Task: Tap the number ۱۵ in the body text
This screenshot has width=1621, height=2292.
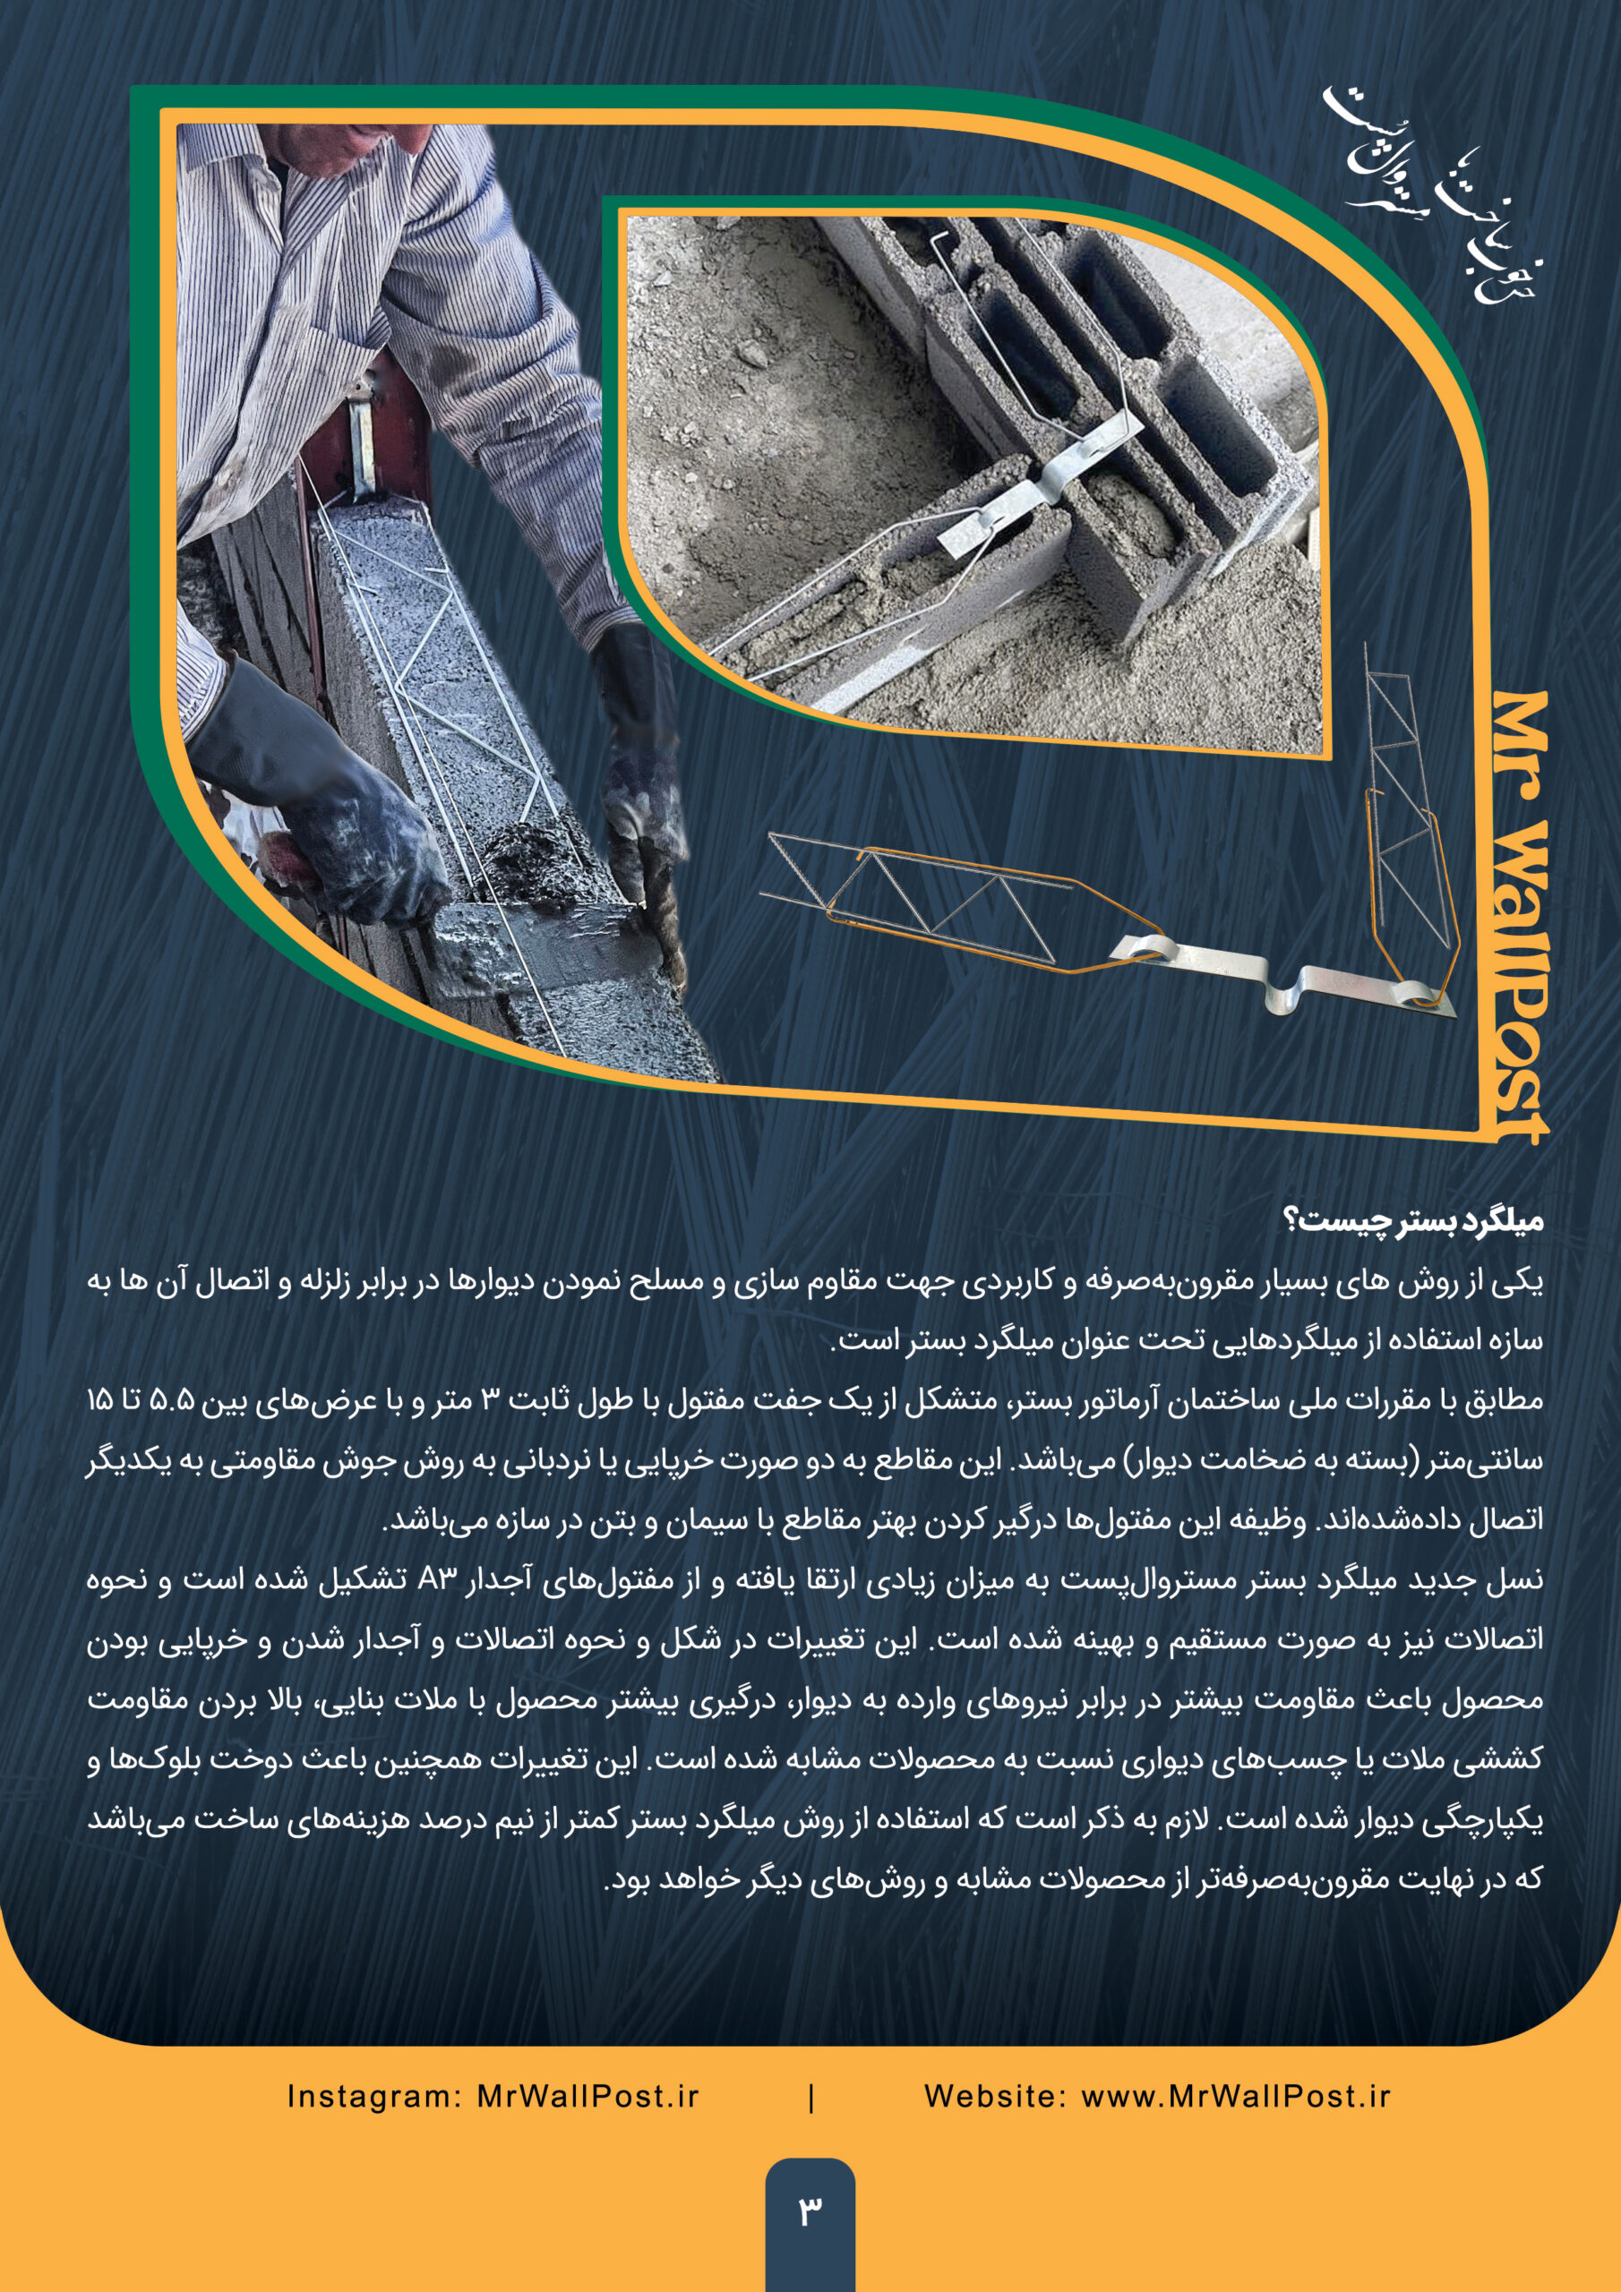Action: pos(100,1400)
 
